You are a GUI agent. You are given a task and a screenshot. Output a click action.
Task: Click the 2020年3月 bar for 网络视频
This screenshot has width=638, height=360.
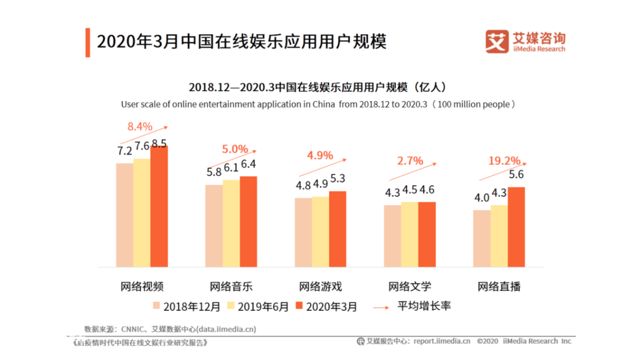click(x=159, y=206)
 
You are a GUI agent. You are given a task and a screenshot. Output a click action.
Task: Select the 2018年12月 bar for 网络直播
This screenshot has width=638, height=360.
click(x=482, y=239)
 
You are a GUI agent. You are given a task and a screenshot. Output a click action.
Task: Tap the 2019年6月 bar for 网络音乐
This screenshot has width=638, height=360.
click(x=231, y=223)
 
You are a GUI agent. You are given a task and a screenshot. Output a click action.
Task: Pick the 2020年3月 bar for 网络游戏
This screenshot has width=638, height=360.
click(x=338, y=229)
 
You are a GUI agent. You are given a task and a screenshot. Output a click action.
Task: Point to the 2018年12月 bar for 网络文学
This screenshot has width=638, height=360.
click(x=393, y=236)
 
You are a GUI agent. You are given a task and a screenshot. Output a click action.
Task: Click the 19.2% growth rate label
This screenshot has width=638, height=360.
click(x=504, y=161)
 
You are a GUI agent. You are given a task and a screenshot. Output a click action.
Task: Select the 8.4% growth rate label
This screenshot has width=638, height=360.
click(x=140, y=127)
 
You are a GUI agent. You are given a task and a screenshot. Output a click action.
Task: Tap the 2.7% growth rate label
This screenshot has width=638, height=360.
click(x=410, y=161)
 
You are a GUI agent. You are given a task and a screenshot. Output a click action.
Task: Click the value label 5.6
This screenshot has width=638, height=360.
click(x=516, y=175)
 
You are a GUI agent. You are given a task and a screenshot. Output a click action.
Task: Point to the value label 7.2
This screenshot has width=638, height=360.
click(x=125, y=151)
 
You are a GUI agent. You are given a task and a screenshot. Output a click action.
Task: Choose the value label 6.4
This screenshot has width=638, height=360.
click(x=249, y=164)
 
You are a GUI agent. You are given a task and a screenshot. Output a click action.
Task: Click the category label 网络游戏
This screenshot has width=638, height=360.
click(x=321, y=287)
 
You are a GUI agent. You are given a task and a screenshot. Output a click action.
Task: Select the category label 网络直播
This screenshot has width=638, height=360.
click(x=499, y=287)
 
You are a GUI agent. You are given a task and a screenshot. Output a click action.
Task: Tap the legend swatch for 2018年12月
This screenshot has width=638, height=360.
click(x=156, y=306)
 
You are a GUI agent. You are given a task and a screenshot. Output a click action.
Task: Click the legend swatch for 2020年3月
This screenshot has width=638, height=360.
click(x=299, y=306)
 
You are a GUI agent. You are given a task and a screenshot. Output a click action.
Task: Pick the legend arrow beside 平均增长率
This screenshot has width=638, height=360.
click(x=381, y=307)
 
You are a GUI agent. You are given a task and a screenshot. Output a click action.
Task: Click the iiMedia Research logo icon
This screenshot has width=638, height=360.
click(x=497, y=41)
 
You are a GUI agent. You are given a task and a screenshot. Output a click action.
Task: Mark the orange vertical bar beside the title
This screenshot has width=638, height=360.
click(x=87, y=43)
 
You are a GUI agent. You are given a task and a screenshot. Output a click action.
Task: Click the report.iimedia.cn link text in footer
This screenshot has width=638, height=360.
click(x=442, y=341)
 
